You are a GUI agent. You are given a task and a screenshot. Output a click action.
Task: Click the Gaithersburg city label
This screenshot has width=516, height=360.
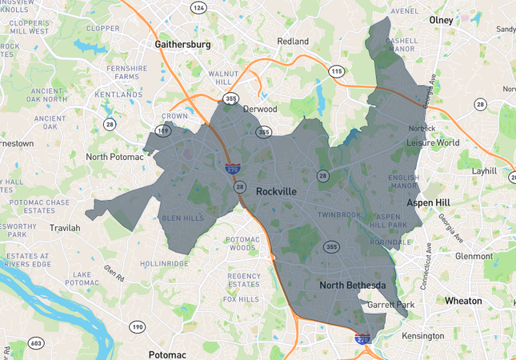[x=183, y=45]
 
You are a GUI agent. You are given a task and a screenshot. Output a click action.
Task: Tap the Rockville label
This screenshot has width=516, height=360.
[x=276, y=192]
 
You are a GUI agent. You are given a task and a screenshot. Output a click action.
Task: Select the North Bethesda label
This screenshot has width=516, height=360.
[x=353, y=286]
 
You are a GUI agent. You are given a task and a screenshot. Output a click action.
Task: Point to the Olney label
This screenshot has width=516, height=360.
[x=441, y=19]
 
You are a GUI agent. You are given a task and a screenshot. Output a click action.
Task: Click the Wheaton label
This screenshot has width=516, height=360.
[x=463, y=301]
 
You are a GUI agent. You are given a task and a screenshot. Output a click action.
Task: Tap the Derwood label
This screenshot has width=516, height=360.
[x=260, y=109]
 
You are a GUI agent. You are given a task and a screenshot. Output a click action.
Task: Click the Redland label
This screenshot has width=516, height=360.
[x=292, y=41]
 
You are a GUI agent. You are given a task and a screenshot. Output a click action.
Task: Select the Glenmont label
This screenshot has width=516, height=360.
[x=474, y=256]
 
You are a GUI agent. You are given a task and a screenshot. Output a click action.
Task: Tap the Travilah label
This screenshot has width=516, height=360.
[x=65, y=228]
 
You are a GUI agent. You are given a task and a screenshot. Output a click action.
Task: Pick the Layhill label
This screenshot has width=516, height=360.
[x=484, y=171]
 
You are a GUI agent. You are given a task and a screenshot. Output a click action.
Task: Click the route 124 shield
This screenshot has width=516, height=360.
[x=198, y=7]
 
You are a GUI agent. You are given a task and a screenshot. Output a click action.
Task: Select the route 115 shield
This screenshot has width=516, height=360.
[x=337, y=71]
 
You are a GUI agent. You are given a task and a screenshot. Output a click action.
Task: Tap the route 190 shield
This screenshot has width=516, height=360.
[x=137, y=327]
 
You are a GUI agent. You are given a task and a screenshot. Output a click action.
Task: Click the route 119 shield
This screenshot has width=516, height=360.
[x=163, y=130]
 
